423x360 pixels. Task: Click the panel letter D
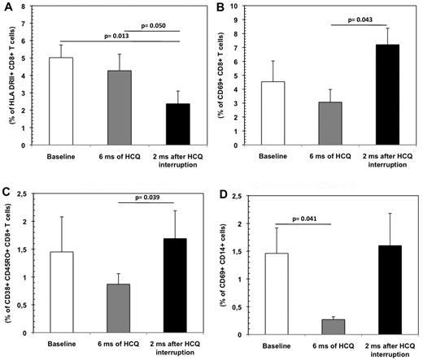[220, 193]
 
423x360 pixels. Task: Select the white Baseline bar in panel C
[73, 293]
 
